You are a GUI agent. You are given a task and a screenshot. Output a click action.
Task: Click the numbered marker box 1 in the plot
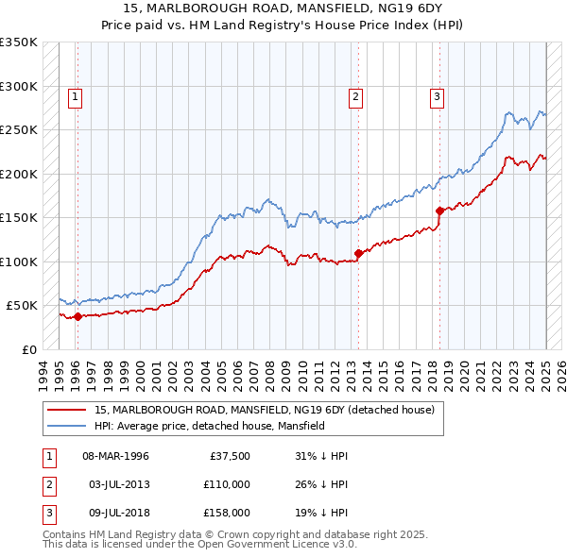coord(75,95)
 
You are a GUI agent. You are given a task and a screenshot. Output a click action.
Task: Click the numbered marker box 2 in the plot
coord(355,95)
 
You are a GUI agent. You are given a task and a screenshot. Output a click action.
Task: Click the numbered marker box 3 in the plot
coord(437,95)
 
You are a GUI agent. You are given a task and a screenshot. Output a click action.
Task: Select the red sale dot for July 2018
coord(439,211)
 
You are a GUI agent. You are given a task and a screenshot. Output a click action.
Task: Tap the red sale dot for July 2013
coord(358,253)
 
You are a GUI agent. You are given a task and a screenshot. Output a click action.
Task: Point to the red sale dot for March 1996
coord(77,316)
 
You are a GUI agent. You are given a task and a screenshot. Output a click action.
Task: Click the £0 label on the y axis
coord(29,349)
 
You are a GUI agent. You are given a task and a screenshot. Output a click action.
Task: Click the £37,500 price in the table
coord(231,456)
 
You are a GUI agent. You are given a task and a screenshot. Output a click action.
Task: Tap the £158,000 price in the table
coord(227,513)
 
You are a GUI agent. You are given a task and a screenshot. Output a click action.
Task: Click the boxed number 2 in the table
coord(47,484)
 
